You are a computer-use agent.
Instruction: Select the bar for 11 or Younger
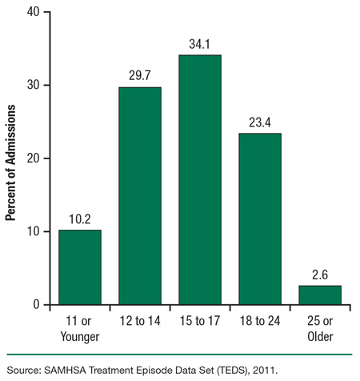tap(79, 267)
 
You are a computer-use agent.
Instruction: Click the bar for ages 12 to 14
tap(139, 196)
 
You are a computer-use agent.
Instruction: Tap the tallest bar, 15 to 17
tap(199, 180)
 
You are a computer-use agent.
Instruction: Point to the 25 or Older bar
tap(319, 295)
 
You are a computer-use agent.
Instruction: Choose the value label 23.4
tap(259, 124)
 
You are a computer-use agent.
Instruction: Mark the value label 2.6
tap(319, 276)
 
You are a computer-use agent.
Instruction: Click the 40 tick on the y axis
tap(36, 12)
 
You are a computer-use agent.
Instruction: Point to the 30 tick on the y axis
tap(36, 85)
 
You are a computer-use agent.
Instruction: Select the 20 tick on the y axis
tap(36, 158)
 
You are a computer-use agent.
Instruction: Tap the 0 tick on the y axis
tap(39, 305)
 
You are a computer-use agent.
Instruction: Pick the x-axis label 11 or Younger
tap(79, 326)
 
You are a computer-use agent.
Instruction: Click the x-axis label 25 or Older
tap(319, 326)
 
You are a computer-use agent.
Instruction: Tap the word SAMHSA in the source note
tap(66, 370)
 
